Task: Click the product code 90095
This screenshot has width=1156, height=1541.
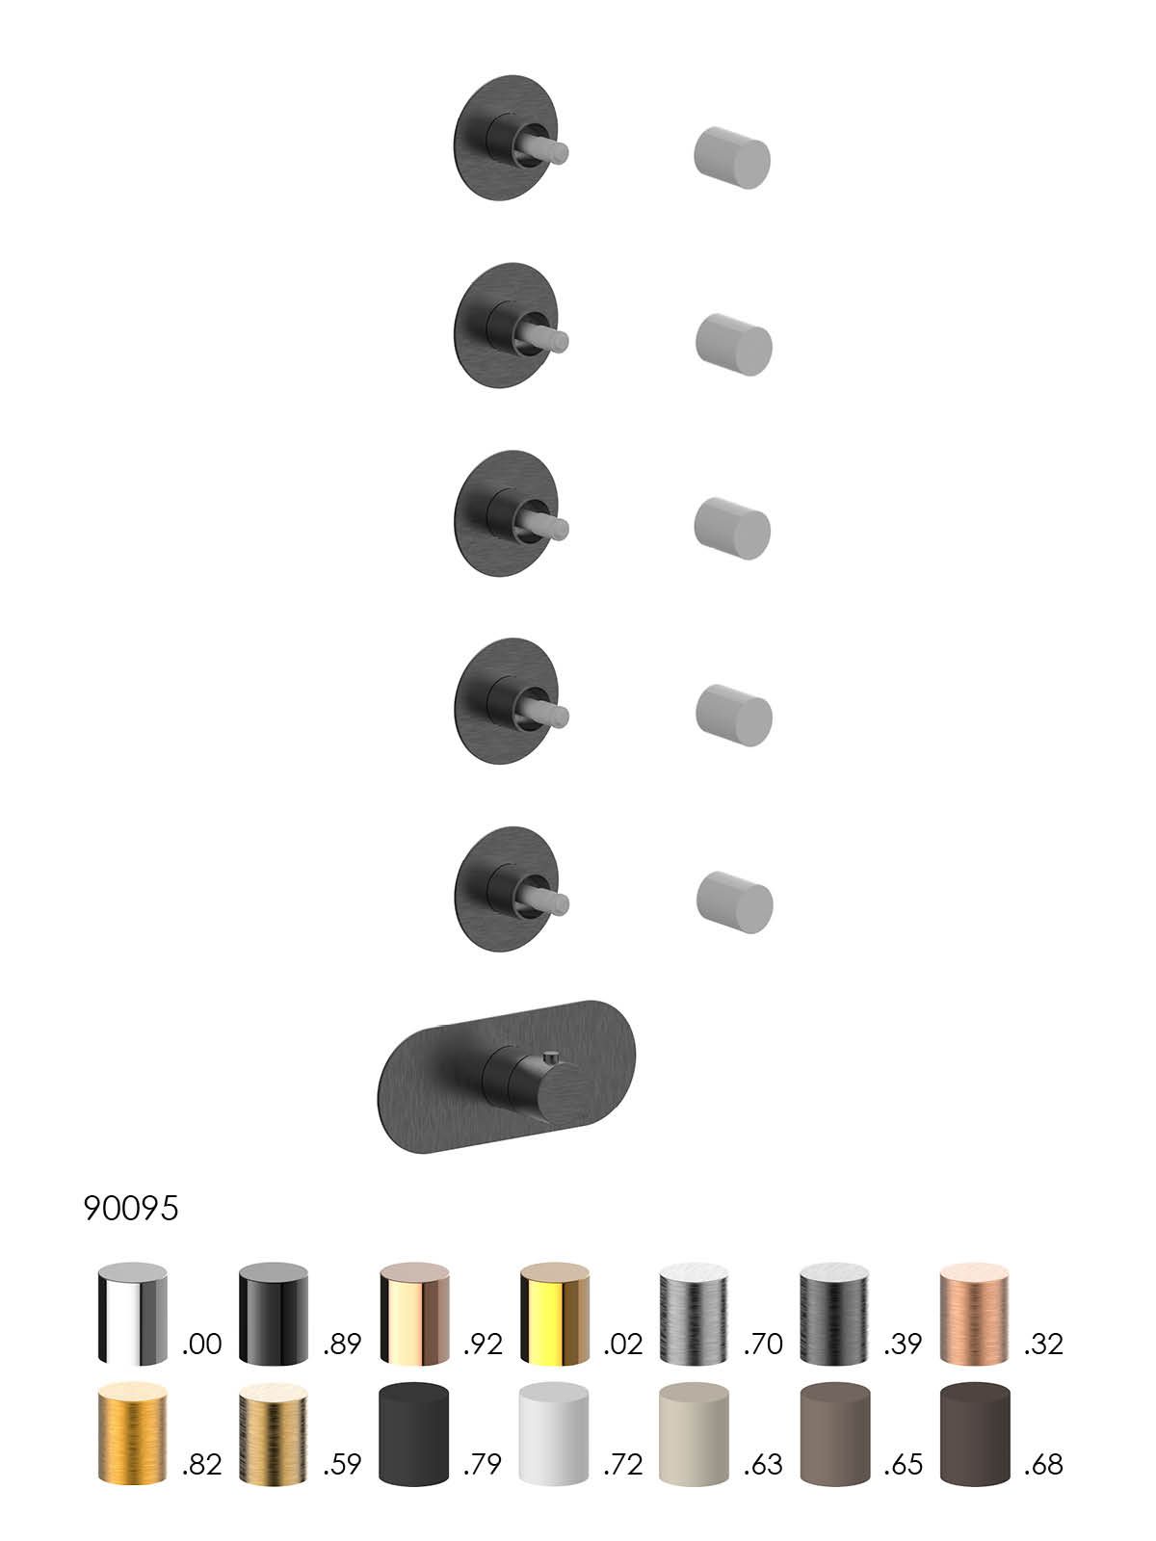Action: tap(131, 1208)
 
